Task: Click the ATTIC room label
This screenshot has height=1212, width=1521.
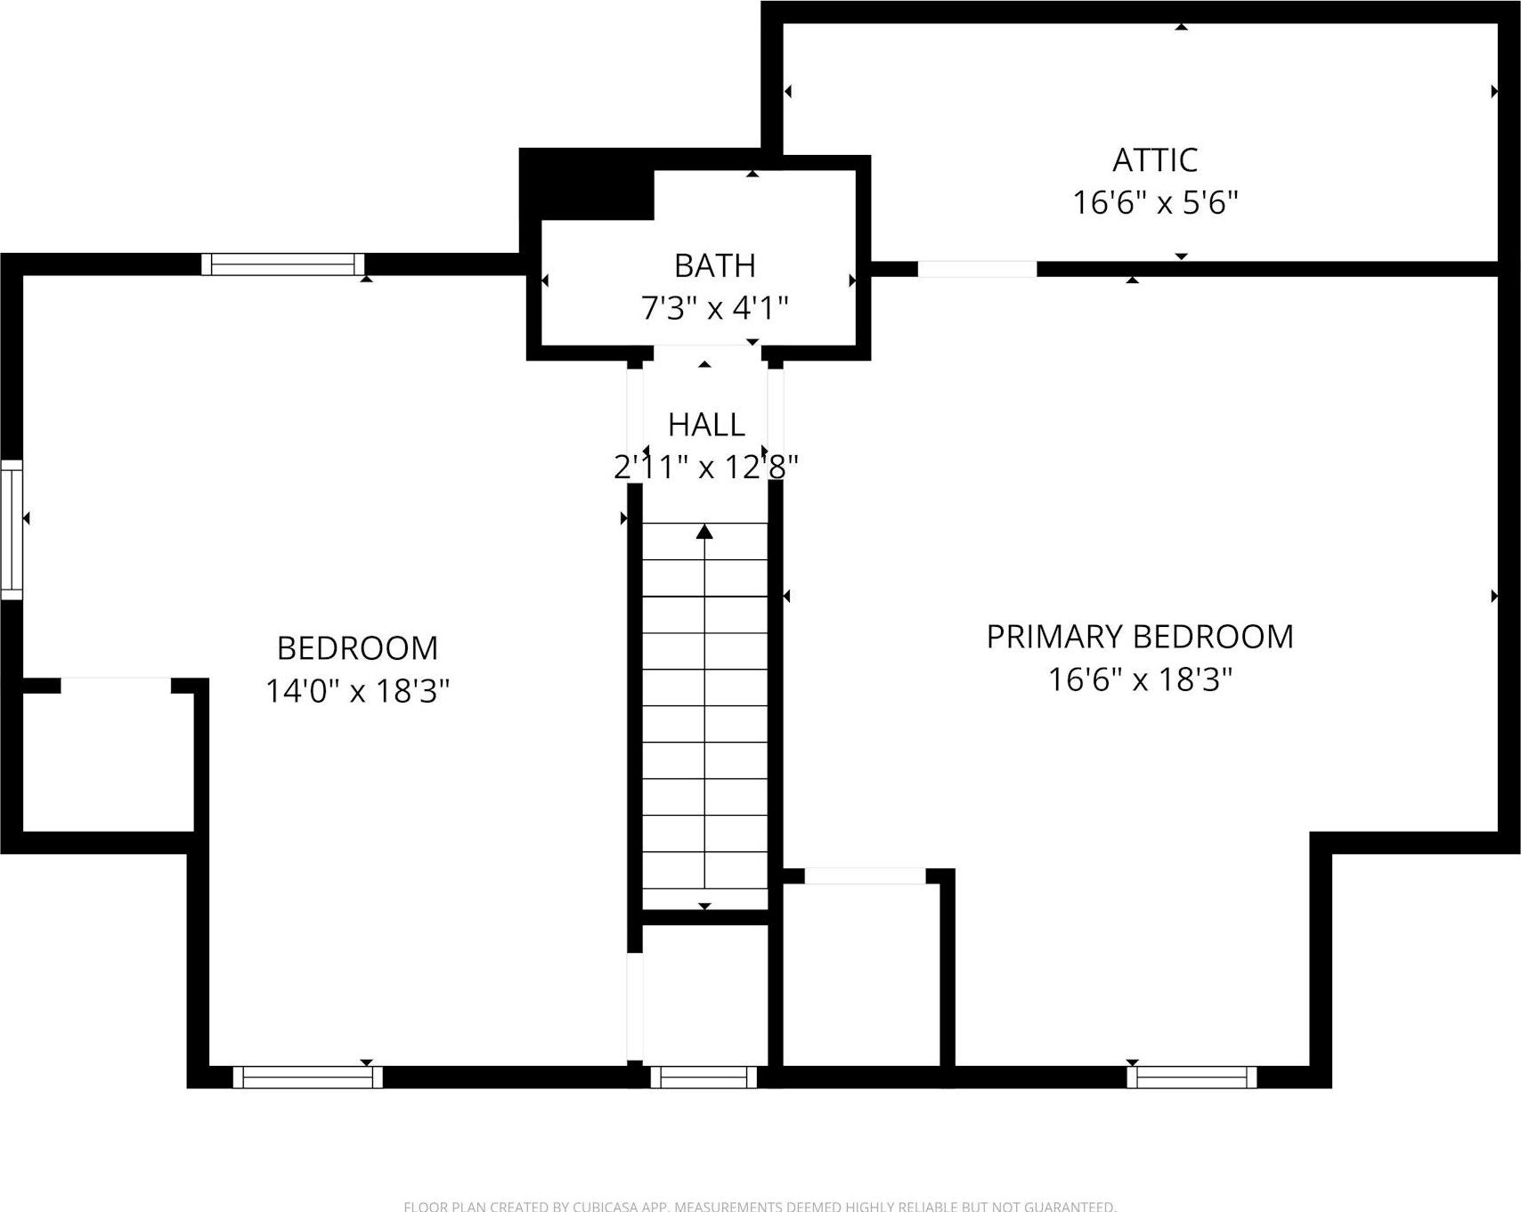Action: point(1155,160)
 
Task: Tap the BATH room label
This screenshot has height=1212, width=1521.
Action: point(715,265)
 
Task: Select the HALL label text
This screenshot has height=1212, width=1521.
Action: point(706,425)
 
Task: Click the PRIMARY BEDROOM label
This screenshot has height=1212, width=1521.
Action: point(1140,637)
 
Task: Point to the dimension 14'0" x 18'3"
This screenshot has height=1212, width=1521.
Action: point(357,690)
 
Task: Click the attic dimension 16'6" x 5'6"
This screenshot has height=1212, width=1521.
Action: point(1155,203)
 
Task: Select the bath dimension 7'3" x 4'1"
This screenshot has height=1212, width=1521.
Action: point(715,309)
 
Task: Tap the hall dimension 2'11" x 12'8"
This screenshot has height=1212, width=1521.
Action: point(706,467)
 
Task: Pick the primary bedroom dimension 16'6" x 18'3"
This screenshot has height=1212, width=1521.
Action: point(1140,679)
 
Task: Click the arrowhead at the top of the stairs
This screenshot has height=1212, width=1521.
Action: point(705,532)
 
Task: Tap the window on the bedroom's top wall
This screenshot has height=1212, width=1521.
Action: point(283,264)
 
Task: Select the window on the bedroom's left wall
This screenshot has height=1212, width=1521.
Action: point(11,530)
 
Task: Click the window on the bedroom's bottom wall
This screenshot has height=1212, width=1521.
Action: point(308,1078)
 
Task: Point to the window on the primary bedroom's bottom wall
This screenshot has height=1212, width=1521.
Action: point(1192,1078)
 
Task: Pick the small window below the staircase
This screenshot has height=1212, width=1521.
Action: point(704,1078)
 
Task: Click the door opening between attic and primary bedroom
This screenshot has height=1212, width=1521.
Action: point(977,269)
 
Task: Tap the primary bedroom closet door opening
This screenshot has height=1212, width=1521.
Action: point(865,876)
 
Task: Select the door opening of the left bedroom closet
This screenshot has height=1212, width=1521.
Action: point(115,685)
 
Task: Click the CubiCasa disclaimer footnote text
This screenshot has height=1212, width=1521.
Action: point(760,1206)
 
